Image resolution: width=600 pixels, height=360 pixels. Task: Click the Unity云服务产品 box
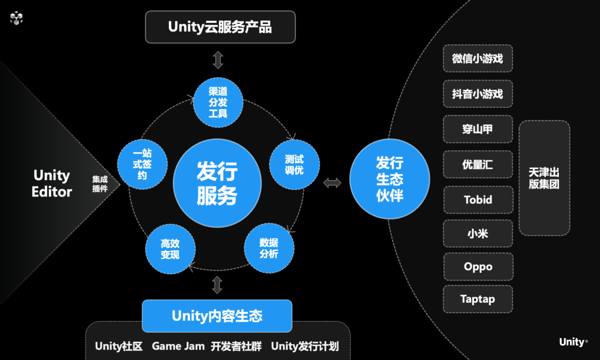pos(220,27)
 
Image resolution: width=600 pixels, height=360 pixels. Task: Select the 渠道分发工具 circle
pos(218,102)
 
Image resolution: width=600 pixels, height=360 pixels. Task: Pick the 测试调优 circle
pos(294,165)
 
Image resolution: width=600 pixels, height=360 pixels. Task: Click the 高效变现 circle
pos(170,249)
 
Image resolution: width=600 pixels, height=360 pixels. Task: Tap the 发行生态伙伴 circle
pos(389,179)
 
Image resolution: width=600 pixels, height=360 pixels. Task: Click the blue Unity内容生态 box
pos(217,316)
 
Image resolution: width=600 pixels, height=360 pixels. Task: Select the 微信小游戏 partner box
pos(477,58)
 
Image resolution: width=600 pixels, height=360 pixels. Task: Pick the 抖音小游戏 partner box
pos(477,94)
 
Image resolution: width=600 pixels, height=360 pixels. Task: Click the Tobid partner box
pos(477,199)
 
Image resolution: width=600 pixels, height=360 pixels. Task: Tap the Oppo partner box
pos(477,267)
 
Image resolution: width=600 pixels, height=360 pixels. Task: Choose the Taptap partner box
pos(477,299)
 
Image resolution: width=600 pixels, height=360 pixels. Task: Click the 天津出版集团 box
pos(544,178)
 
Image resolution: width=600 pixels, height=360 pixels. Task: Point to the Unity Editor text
pos(52,183)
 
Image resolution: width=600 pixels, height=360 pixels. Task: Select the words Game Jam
pos(178,346)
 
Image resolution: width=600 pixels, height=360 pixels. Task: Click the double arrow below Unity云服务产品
pos(218,59)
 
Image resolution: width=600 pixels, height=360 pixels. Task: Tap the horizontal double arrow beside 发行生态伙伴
pos(333,183)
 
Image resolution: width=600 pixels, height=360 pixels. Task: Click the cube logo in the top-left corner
pos(17,18)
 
